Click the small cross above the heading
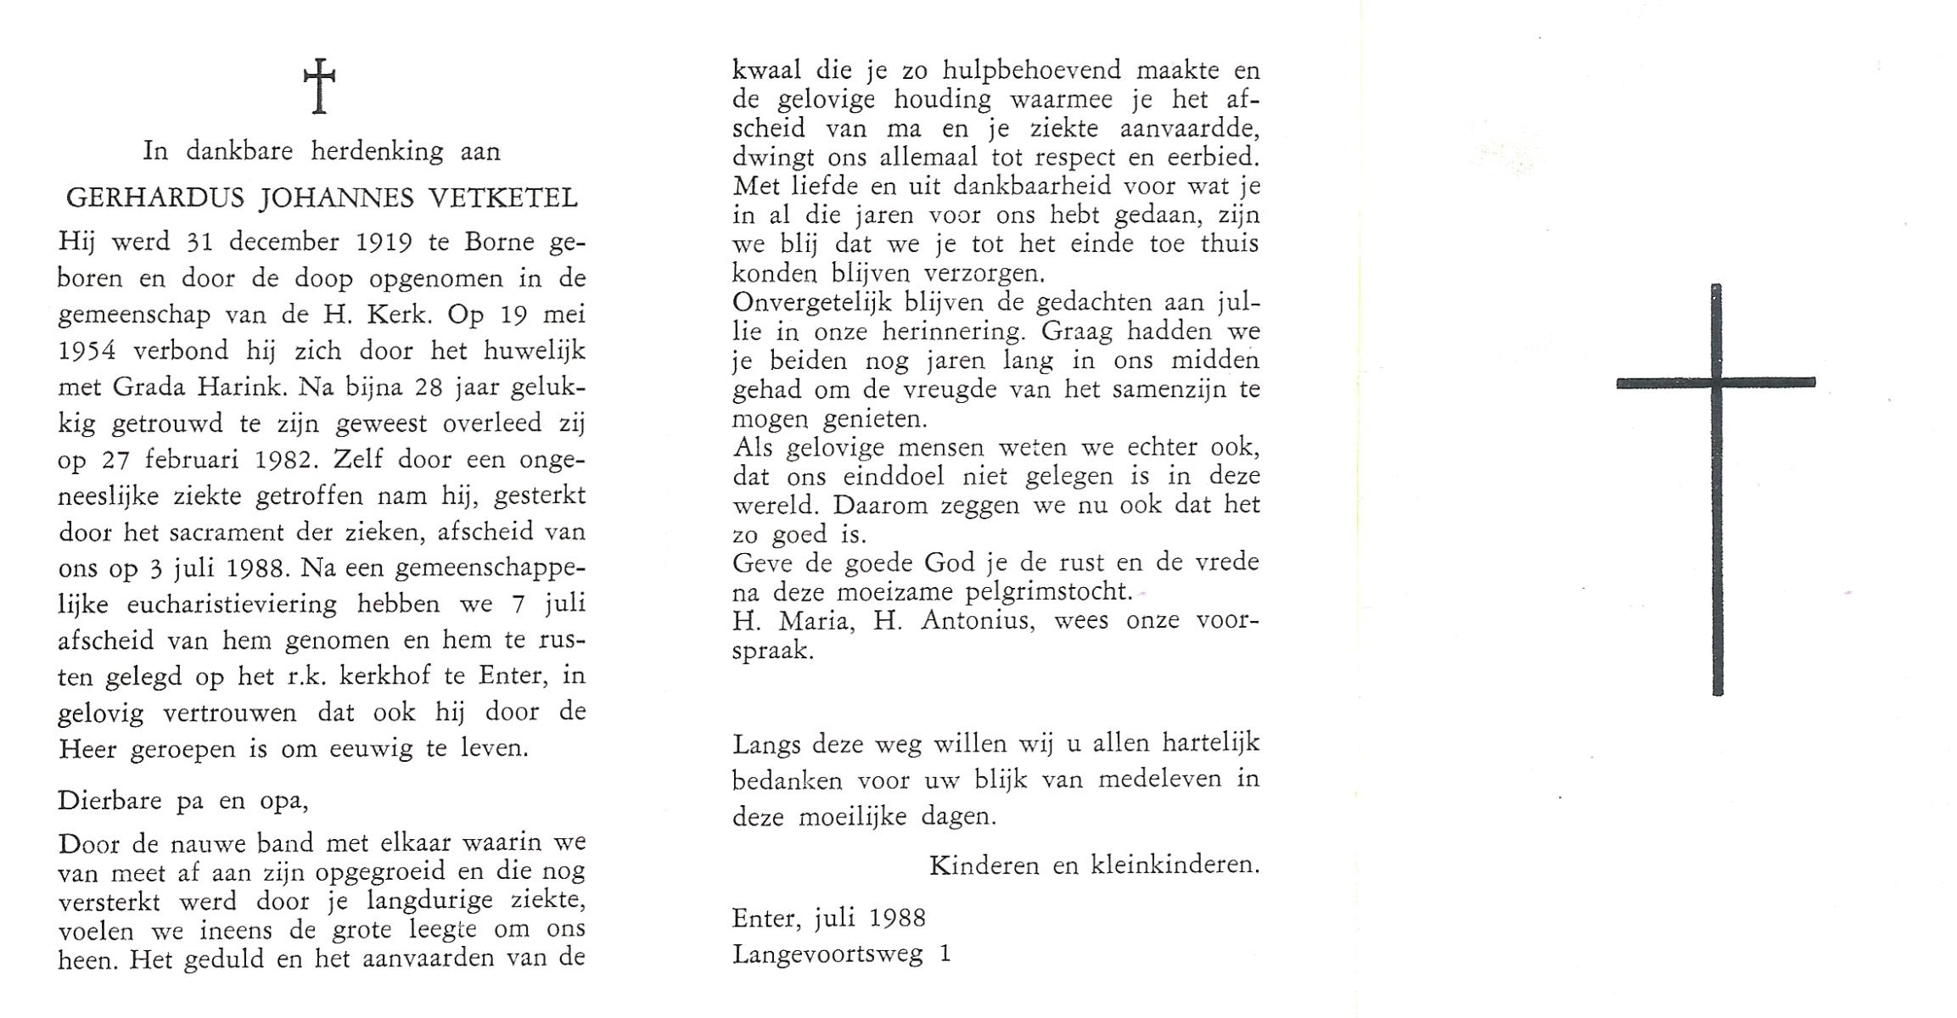coord(319,85)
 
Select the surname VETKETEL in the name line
coord(504,199)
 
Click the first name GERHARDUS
coord(155,199)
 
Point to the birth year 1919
coord(384,243)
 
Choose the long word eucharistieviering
coord(232,604)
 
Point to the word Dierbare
coord(109,801)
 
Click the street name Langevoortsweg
coord(827,954)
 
